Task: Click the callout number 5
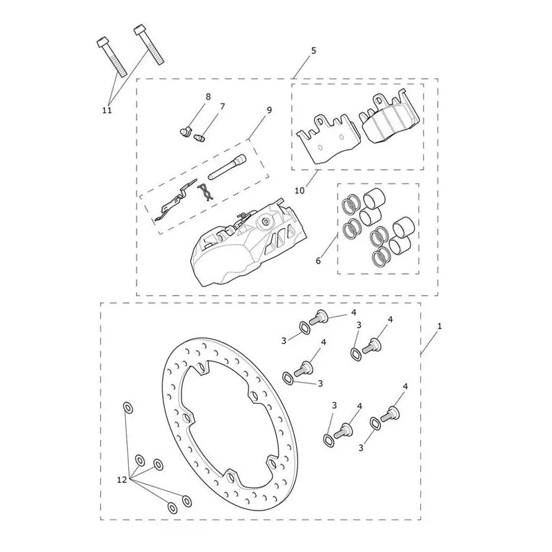click(313, 50)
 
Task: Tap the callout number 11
click(107, 110)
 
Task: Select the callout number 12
click(122, 480)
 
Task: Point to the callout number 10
click(299, 190)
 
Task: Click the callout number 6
click(318, 261)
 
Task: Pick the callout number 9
click(269, 110)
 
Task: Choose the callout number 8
click(208, 97)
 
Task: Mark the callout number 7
click(222, 106)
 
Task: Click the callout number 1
click(440, 326)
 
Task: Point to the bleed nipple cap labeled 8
click(184, 132)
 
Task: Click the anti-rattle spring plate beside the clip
click(174, 201)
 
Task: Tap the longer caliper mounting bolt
click(149, 45)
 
